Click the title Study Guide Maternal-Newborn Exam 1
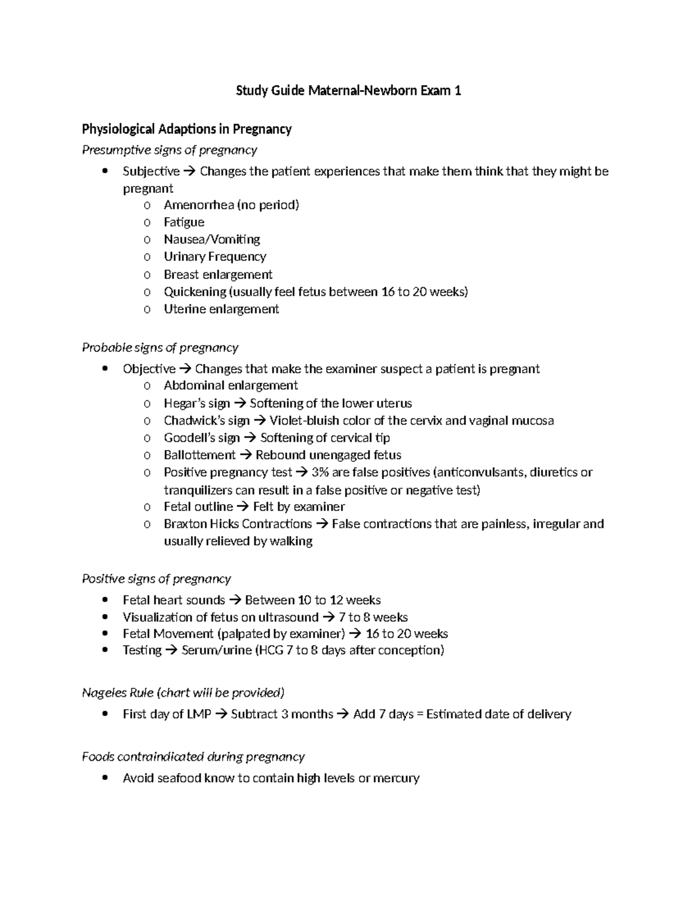click(x=348, y=91)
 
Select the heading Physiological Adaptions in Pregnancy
click(x=186, y=129)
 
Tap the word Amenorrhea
click(x=199, y=204)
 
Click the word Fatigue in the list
click(x=184, y=222)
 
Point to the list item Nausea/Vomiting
click(x=211, y=239)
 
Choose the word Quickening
click(x=195, y=292)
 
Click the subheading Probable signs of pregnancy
click(x=160, y=347)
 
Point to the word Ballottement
click(x=199, y=455)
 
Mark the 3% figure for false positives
click(x=320, y=472)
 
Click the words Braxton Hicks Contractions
click(x=238, y=524)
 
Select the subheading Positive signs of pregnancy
click(x=156, y=578)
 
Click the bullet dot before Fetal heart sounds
click(x=105, y=600)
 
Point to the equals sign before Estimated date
click(x=420, y=714)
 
